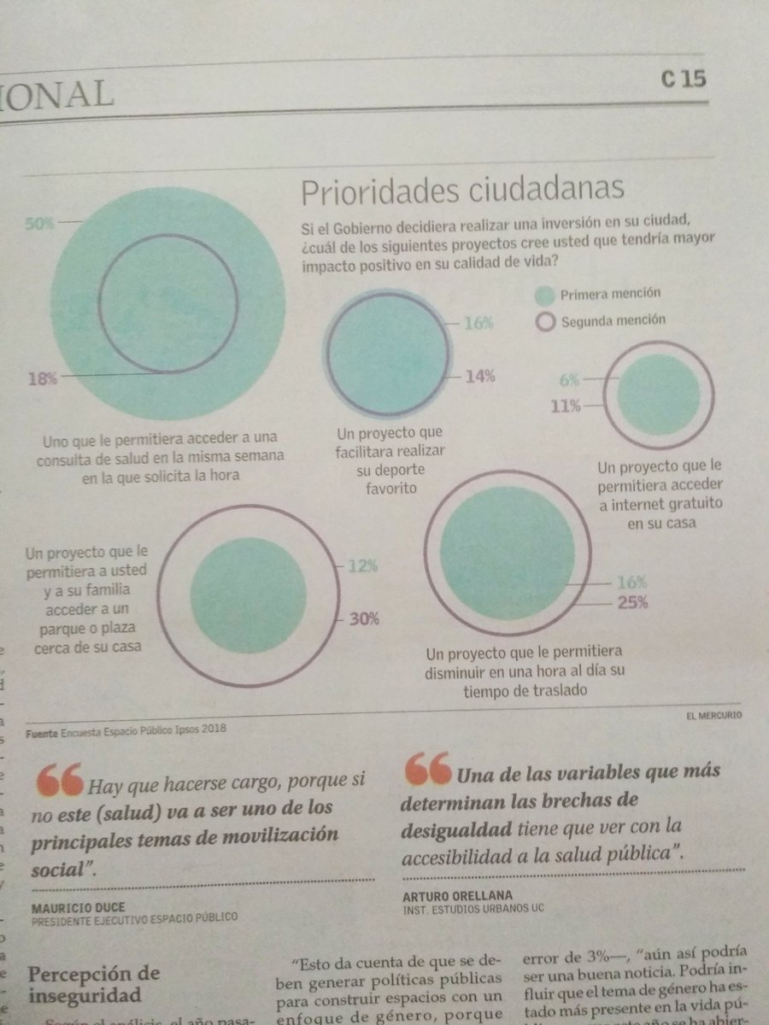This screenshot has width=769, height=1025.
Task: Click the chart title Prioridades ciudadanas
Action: pyautogui.click(x=461, y=190)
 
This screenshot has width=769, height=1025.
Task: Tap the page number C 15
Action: pyautogui.click(x=683, y=79)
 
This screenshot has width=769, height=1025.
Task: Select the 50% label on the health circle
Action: pyautogui.click(x=39, y=224)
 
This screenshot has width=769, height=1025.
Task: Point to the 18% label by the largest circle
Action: pyautogui.click(x=43, y=378)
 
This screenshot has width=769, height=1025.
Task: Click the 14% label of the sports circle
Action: pyautogui.click(x=479, y=375)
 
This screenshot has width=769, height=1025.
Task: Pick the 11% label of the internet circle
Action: pyautogui.click(x=566, y=406)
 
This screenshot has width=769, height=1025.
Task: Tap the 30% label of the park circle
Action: pyautogui.click(x=364, y=619)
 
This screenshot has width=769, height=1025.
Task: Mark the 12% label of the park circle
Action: pyautogui.click(x=363, y=566)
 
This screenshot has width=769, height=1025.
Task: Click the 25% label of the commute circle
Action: pyautogui.click(x=633, y=601)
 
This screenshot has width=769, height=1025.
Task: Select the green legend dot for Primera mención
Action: pyautogui.click(x=544, y=296)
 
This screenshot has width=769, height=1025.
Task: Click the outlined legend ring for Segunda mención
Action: pyautogui.click(x=544, y=322)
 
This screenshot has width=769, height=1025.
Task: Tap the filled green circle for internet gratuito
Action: pyautogui.click(x=657, y=395)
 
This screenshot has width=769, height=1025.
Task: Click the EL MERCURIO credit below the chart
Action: pyautogui.click(x=713, y=714)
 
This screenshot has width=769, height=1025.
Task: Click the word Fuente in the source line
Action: pyautogui.click(x=41, y=731)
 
